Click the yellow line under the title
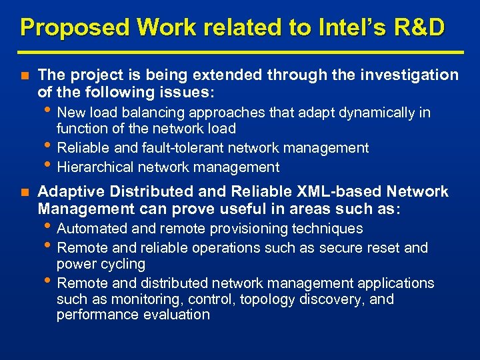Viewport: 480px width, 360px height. (240, 52)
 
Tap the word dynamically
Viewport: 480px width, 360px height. (378, 113)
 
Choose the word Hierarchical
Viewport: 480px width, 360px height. (93, 167)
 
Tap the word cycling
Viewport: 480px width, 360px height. (122, 264)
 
